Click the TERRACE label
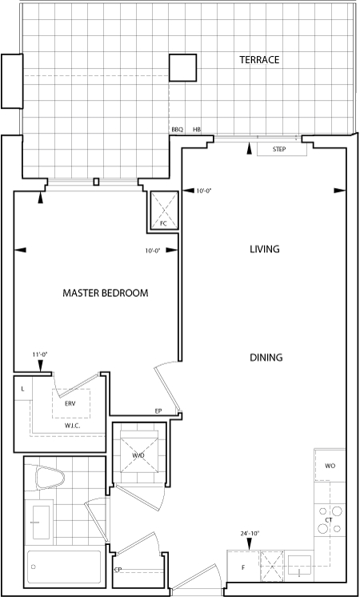point(259,60)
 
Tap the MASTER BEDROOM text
point(106,293)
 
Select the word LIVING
point(265,249)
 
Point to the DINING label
point(266,358)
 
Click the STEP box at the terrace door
point(282,149)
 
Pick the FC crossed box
point(164,210)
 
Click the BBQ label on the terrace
point(178,130)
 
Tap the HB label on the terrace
point(197,130)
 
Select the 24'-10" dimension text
point(250,534)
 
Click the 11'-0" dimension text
point(40,354)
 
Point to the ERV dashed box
point(71,403)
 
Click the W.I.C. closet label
point(72,426)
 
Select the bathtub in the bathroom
point(64,567)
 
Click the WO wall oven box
point(330,466)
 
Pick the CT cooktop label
point(329,519)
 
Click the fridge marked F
point(243,566)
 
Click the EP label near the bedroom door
point(158,411)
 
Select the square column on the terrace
point(182,67)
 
